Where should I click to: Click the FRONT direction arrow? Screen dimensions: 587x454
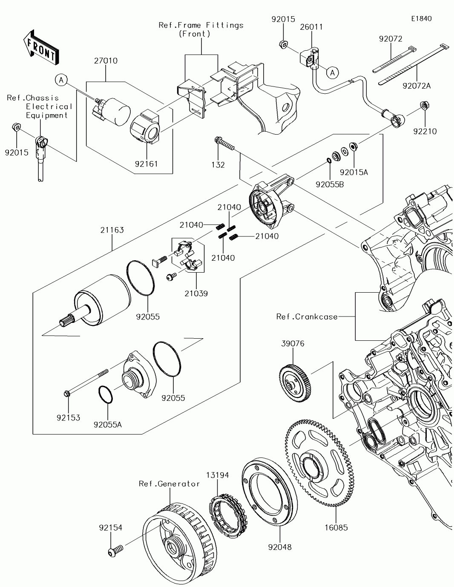pos(41,47)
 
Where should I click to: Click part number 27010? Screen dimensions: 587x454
pos(106,61)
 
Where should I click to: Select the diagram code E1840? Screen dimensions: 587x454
pos(421,19)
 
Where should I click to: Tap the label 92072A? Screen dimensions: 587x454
pos(416,86)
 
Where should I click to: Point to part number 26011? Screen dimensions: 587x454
pos(311,27)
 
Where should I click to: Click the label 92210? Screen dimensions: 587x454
pos(425,132)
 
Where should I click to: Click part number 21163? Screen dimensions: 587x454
pos(112,230)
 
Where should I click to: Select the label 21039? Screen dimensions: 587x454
pos(196,293)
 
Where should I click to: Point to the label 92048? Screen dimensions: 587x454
pos(280,547)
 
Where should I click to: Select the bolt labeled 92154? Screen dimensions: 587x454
pos(115,552)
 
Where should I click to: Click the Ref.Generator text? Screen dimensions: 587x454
pos(169,483)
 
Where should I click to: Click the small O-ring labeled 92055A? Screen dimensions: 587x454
pos(106,394)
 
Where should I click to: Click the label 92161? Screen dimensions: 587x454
pos(146,163)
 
